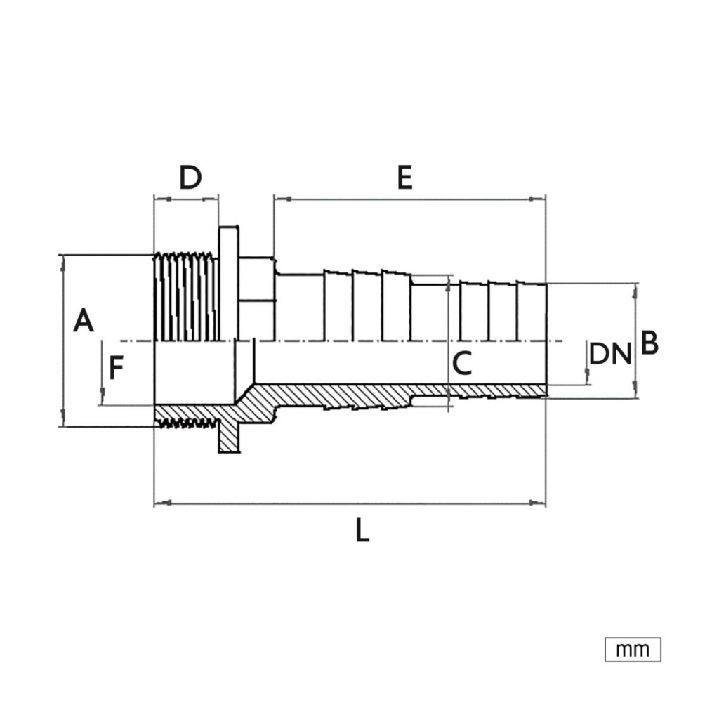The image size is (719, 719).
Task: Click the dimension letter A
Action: coord(84,321)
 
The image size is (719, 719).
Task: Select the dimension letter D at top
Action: coord(190,178)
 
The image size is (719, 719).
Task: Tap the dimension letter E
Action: coord(404,178)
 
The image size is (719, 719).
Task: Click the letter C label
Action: coord(462,364)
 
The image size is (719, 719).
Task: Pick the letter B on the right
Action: coord(649,344)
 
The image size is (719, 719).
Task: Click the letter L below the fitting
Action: coord(362,531)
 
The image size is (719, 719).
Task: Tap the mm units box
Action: coord(632,649)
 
